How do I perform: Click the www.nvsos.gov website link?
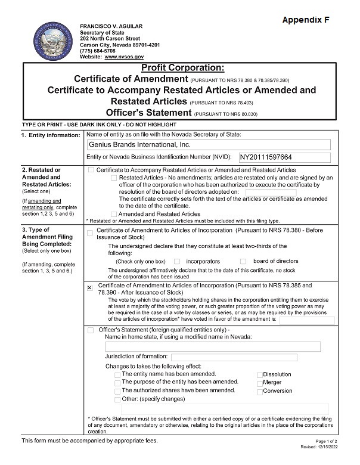point(125,56)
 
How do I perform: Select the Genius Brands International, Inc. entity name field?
point(208,144)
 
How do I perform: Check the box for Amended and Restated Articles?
point(114,213)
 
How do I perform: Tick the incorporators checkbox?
point(177,261)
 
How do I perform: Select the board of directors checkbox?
point(243,261)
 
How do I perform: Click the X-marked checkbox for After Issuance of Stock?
point(90,287)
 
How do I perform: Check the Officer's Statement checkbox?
point(91,330)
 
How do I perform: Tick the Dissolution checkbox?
point(259,375)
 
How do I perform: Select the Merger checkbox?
point(259,383)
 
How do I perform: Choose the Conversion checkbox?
point(259,392)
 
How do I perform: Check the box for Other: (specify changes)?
point(117,399)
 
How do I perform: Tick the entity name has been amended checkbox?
point(117,374)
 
